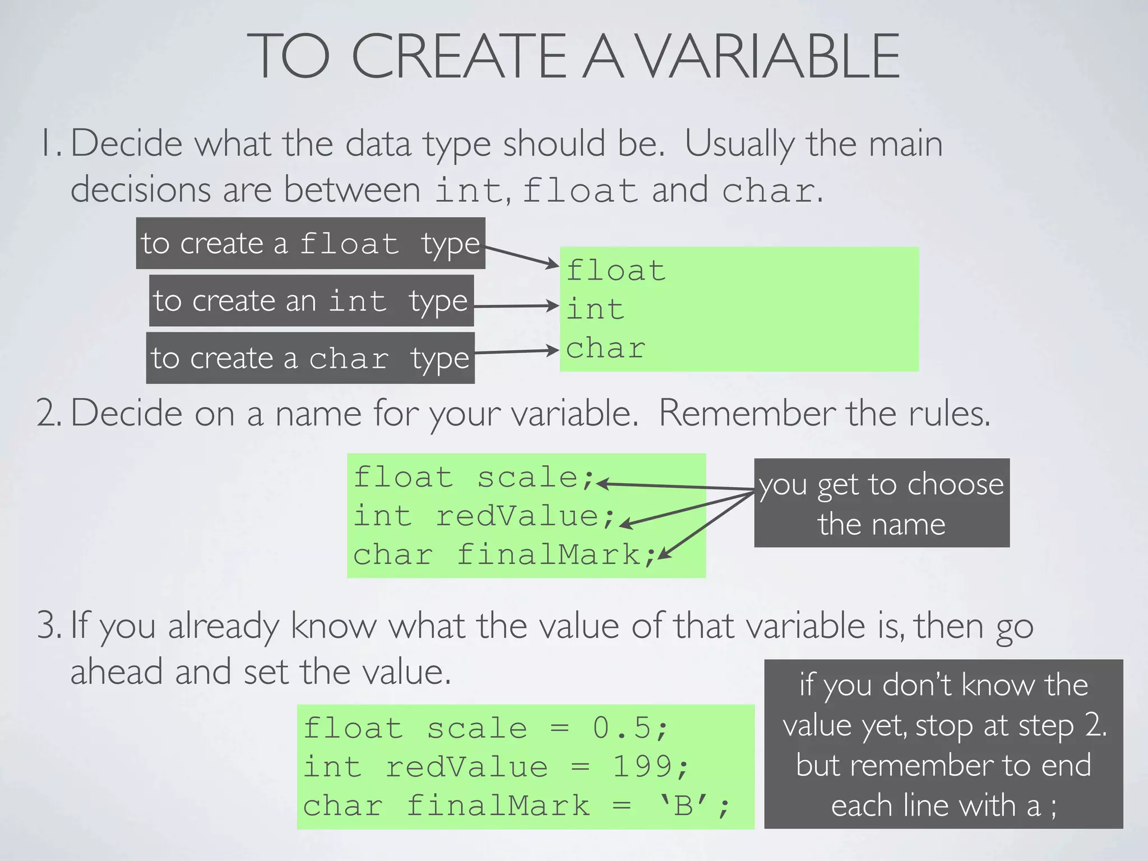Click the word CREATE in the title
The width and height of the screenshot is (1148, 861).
(x=459, y=56)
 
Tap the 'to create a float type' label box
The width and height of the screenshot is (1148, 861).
(x=311, y=243)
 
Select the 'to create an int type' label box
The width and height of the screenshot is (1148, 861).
(x=311, y=300)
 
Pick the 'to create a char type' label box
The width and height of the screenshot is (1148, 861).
(x=310, y=358)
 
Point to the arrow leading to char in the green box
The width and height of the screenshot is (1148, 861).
(x=516, y=351)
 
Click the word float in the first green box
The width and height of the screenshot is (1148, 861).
(x=616, y=271)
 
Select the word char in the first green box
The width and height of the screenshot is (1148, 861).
(x=605, y=349)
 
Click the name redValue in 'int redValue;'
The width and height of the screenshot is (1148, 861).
(x=517, y=516)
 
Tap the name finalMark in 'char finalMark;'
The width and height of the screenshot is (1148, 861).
(x=548, y=555)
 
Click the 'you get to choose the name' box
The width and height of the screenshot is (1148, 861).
(x=881, y=503)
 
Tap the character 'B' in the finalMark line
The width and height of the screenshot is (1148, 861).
(x=684, y=806)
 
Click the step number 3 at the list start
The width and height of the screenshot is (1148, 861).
(x=47, y=626)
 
